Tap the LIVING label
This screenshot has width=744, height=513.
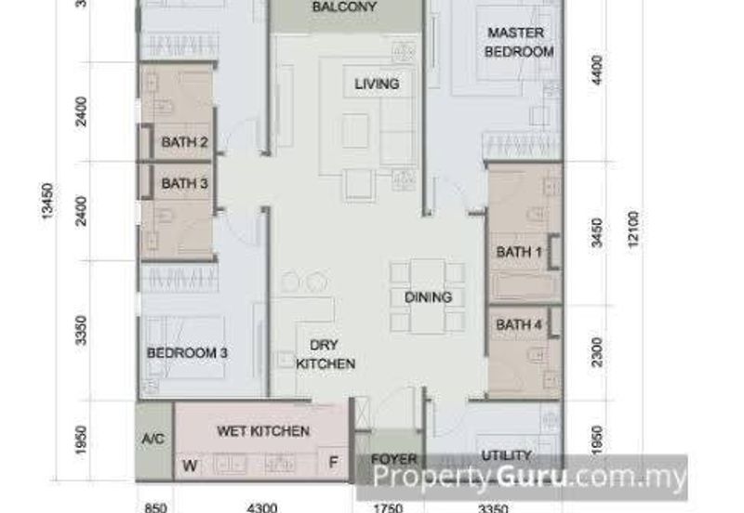[377, 84]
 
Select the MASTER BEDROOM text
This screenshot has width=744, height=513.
[520, 43]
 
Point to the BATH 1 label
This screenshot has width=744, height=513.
[519, 252]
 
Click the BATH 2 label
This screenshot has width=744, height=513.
[184, 142]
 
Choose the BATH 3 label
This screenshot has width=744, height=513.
[184, 184]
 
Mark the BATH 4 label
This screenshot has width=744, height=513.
[519, 324]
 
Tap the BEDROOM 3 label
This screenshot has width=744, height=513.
[188, 353]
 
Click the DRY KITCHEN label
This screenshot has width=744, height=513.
[325, 354]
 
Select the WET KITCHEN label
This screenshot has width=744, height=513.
[263, 431]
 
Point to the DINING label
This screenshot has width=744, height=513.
[428, 297]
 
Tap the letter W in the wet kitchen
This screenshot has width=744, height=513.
[189, 466]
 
